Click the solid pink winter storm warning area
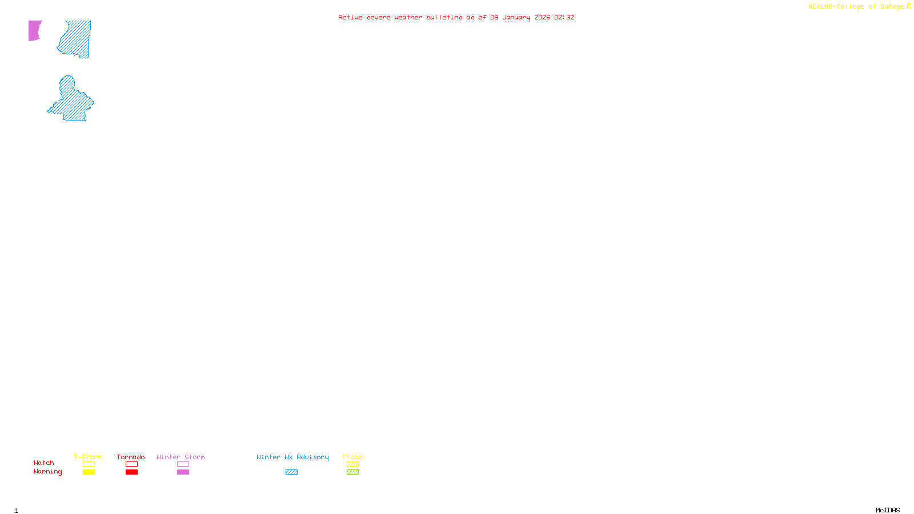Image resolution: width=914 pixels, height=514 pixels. click(34, 30)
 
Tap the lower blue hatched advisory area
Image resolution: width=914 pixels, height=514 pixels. click(73, 102)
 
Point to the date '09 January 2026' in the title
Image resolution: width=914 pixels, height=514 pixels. click(520, 17)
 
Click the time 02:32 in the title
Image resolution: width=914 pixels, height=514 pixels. click(564, 17)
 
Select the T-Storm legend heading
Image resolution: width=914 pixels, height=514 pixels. click(88, 457)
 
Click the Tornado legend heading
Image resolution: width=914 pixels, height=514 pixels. click(131, 457)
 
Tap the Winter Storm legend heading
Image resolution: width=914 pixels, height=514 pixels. click(181, 457)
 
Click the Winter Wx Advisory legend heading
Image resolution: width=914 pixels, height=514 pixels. click(292, 457)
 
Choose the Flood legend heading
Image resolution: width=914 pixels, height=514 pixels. click(352, 457)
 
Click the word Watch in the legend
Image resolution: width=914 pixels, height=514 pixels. click(44, 463)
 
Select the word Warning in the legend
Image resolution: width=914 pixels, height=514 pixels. click(48, 472)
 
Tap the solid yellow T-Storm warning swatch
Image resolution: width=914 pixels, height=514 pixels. click(89, 472)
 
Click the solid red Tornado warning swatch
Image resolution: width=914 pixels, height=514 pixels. click(131, 472)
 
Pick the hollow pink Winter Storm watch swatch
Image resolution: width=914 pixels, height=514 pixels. click(183, 464)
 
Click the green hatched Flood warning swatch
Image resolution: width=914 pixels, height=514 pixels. click(352, 472)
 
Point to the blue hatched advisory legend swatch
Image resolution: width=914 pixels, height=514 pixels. click(291, 472)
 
